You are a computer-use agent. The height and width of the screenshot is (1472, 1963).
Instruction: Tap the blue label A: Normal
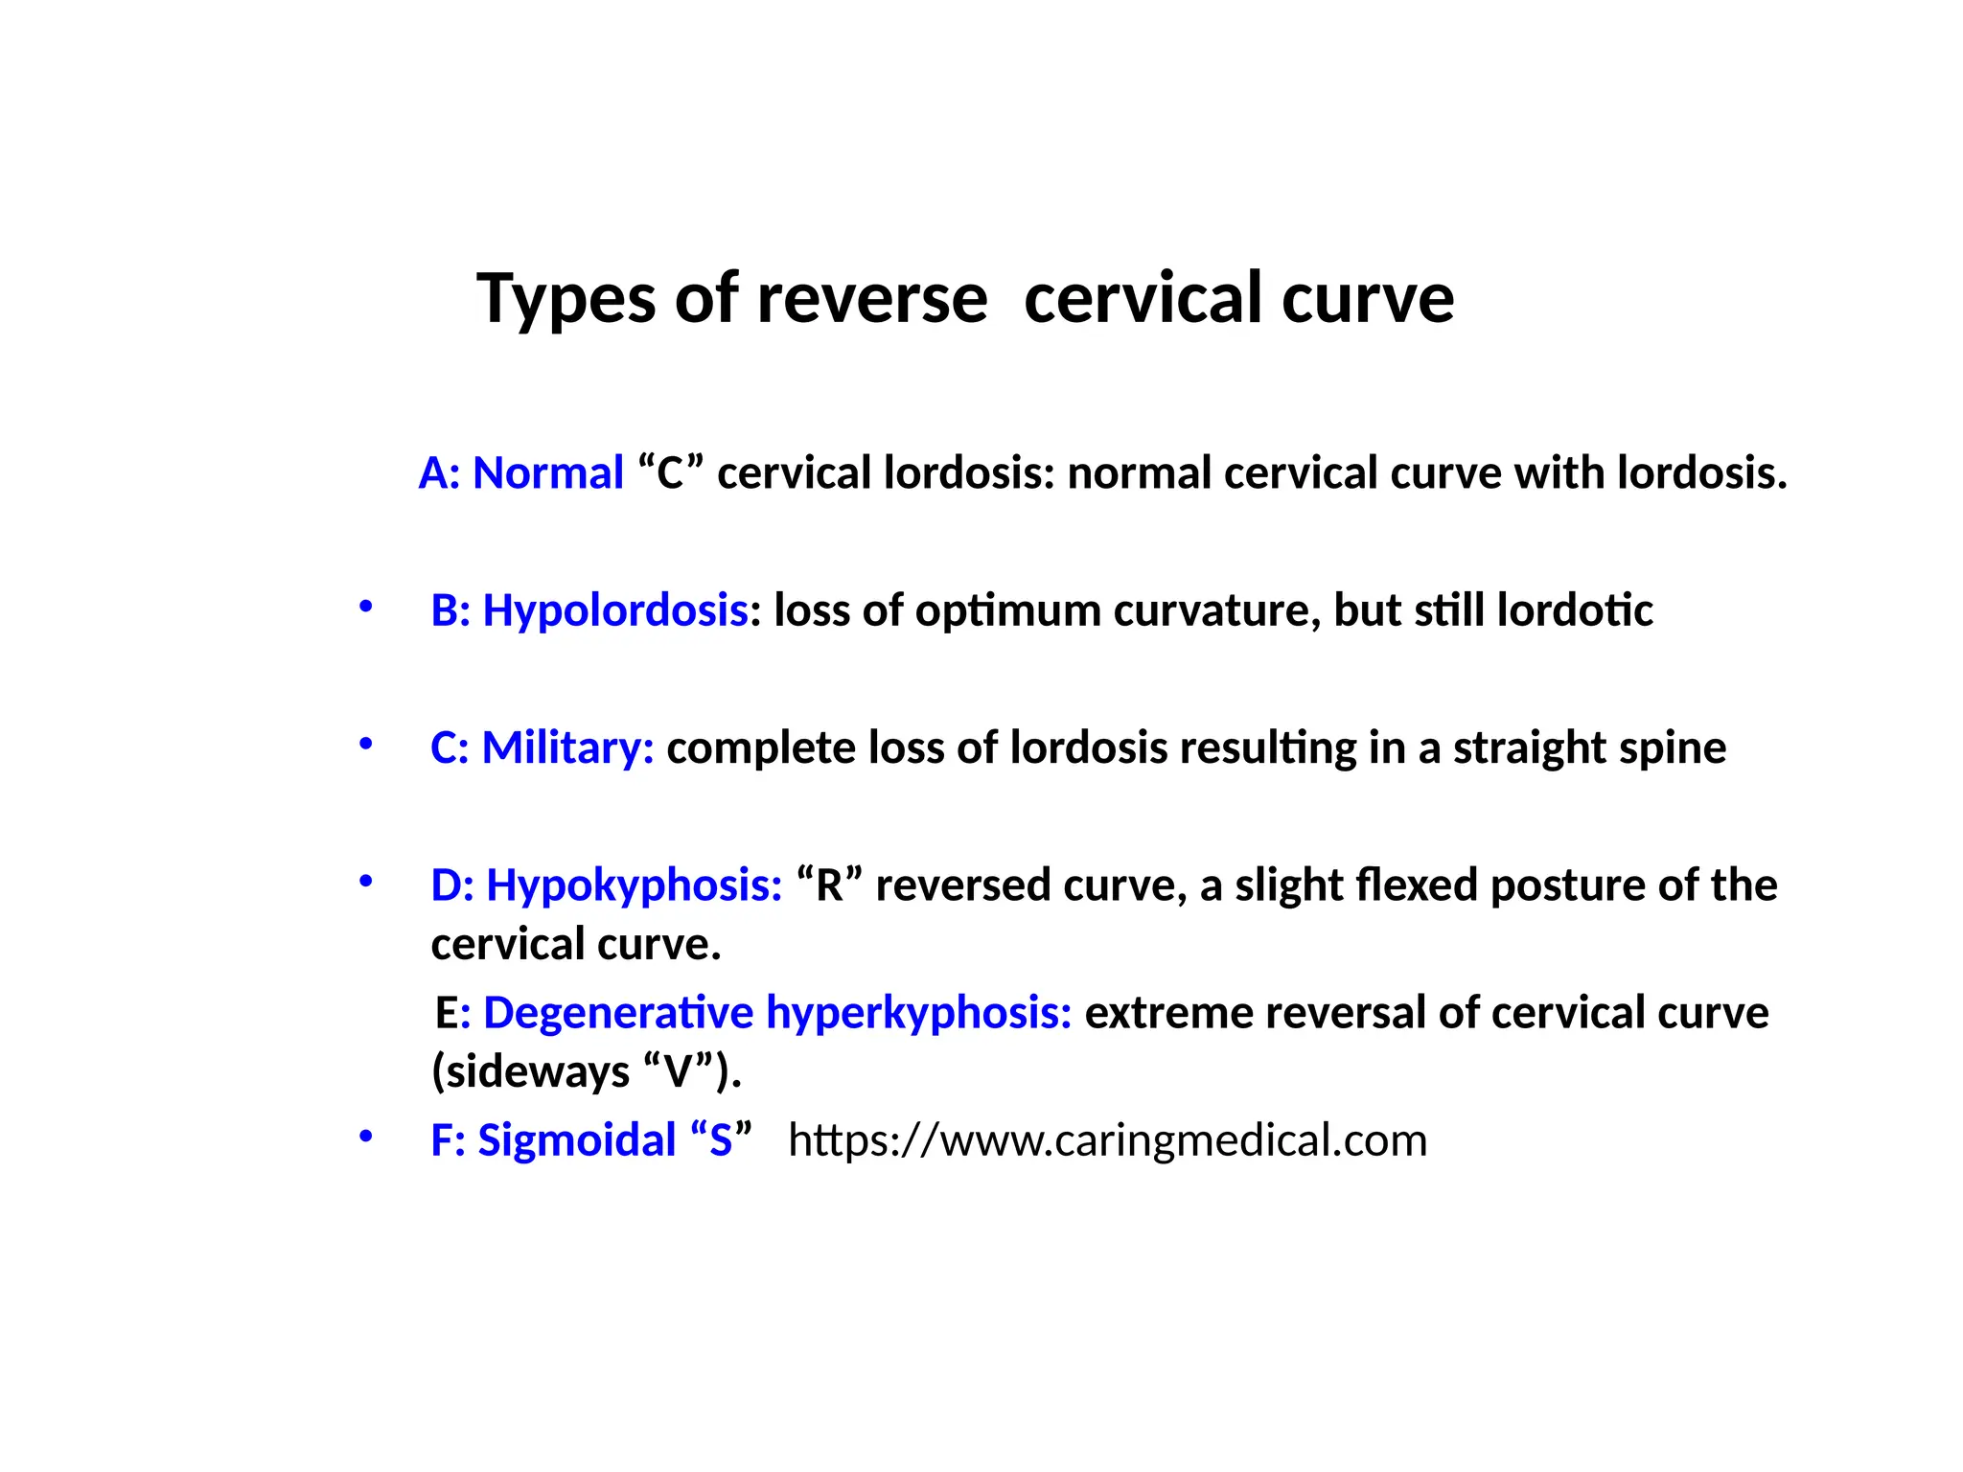coord(520,473)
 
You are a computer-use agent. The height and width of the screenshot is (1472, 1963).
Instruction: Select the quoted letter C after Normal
coord(670,473)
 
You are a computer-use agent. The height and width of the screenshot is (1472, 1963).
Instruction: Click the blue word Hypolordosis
coord(614,610)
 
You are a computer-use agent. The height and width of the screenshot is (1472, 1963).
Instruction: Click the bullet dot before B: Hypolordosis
coord(365,607)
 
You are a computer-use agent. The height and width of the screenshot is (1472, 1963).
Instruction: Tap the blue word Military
coord(566,747)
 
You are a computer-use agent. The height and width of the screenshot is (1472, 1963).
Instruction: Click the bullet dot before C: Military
coord(365,744)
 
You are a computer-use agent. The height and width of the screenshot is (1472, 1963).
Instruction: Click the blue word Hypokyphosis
coord(634,885)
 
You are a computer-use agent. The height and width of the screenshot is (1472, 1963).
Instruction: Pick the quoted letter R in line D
coord(829,885)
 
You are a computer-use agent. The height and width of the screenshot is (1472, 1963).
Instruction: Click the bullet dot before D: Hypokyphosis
coord(365,881)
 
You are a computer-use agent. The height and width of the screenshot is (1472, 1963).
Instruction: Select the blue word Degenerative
coord(618,1013)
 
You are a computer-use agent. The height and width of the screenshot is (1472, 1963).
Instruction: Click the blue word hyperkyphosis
coord(918,1013)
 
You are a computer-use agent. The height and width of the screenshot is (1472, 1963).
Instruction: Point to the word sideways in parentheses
coord(538,1071)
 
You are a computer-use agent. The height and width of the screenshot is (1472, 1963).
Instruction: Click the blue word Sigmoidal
coord(577,1140)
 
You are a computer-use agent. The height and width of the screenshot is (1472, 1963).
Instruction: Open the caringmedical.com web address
coord(1107,1140)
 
